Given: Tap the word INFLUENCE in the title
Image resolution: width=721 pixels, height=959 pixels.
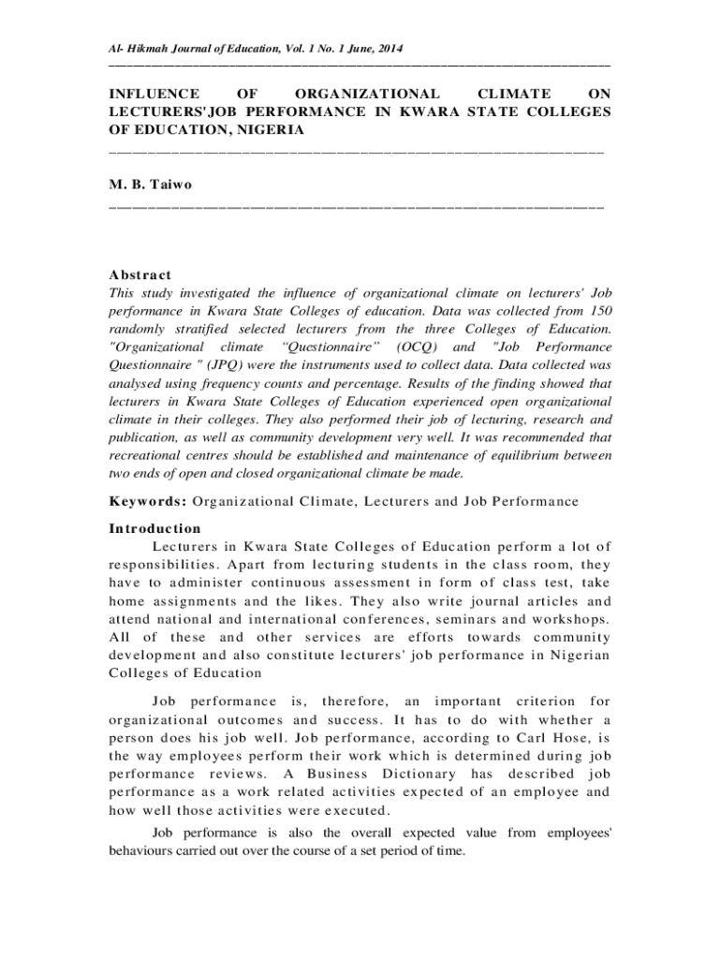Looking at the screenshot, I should coord(154,94).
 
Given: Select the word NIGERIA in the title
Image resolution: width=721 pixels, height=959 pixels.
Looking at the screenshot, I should coord(271,130).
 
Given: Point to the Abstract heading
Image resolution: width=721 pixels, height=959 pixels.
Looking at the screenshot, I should coord(140,274).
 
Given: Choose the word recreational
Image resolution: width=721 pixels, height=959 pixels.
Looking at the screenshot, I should coord(152,454).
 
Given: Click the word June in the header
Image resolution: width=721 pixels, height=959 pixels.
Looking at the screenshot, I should coord(355,48).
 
